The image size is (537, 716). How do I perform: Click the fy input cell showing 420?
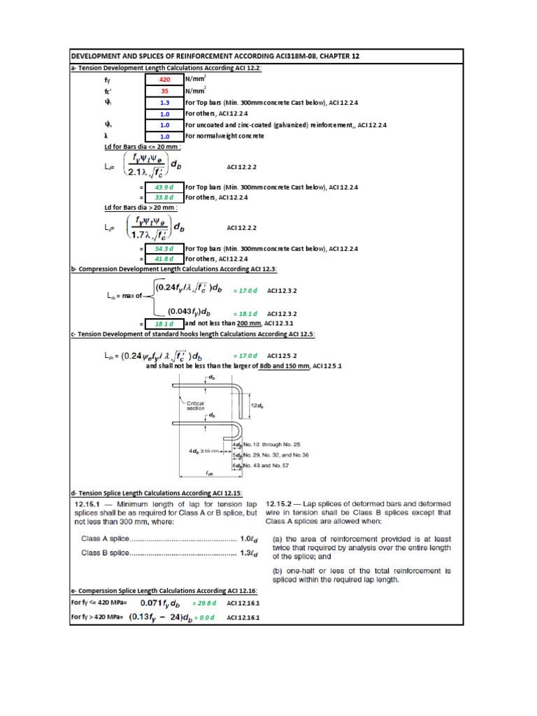coord(165,80)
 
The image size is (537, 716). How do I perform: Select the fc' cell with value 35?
coord(165,92)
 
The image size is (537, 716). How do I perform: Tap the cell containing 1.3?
coord(165,103)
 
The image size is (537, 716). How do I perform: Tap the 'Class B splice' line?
coord(168,554)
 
